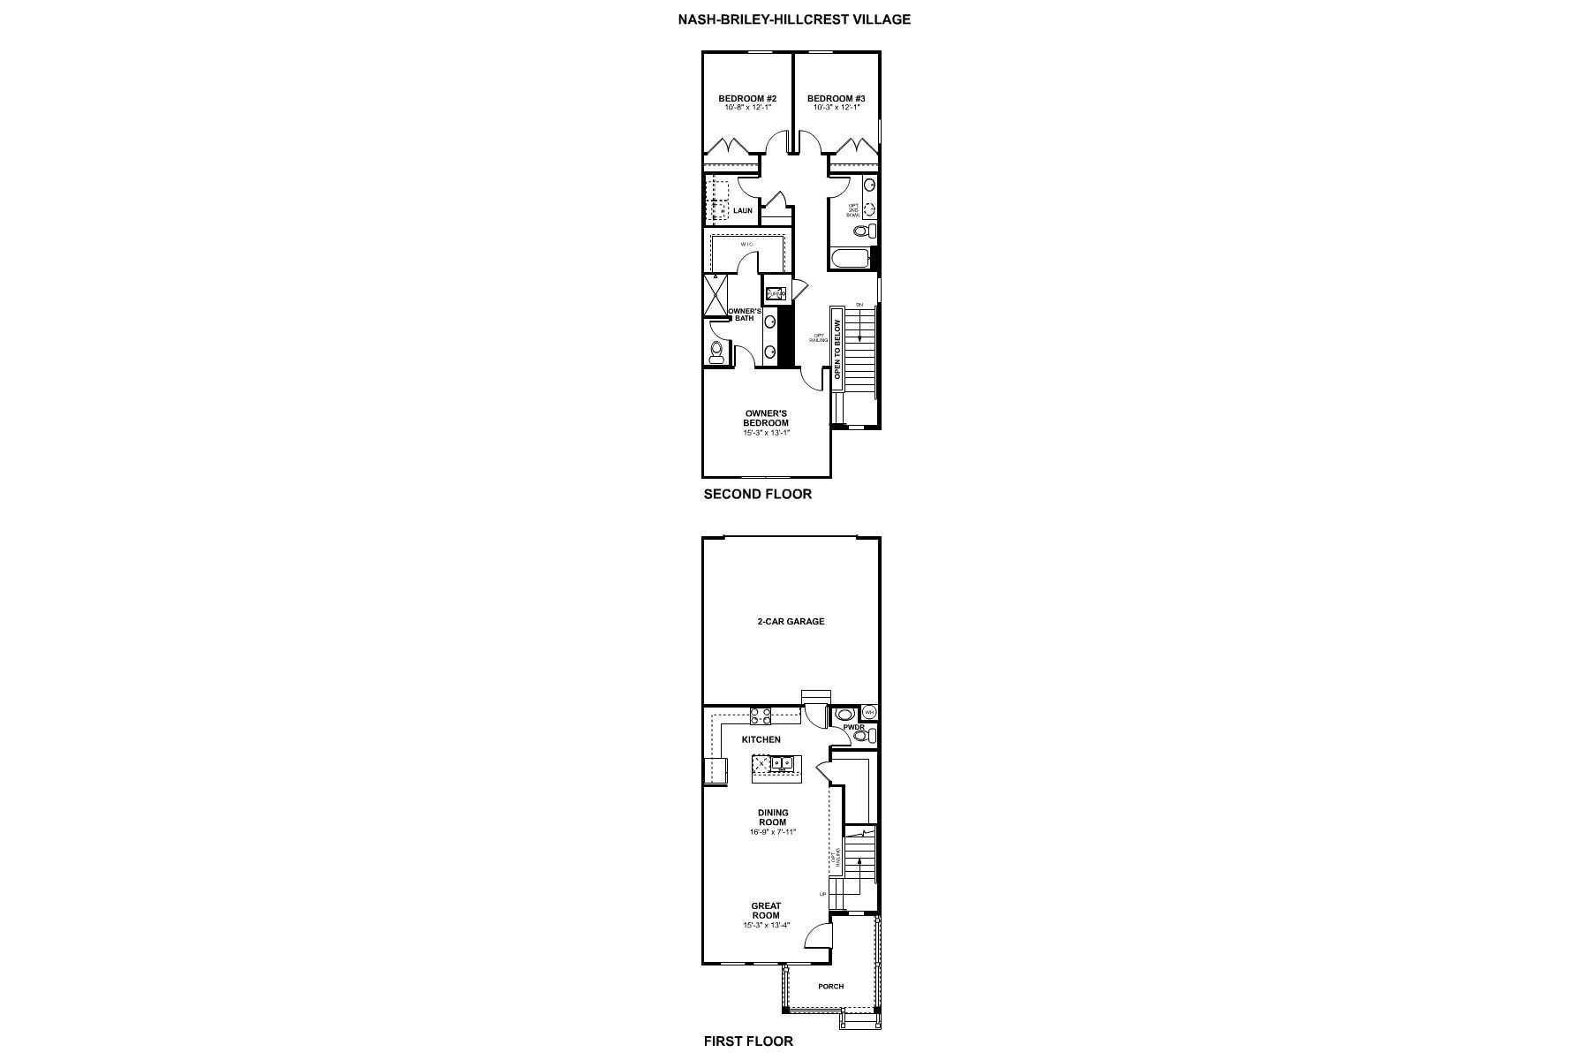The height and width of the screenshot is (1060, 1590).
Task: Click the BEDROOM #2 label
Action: pyautogui.click(x=746, y=98)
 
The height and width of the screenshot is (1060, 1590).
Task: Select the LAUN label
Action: pyautogui.click(x=743, y=211)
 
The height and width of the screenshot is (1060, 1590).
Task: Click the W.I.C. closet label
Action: pyautogui.click(x=746, y=244)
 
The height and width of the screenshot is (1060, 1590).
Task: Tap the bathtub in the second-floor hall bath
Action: pyautogui.click(x=849, y=258)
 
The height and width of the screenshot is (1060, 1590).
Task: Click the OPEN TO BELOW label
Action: pyautogui.click(x=837, y=344)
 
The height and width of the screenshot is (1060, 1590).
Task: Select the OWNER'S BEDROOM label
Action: pyautogui.click(x=766, y=418)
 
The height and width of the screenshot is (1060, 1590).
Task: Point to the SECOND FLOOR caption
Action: pyautogui.click(x=757, y=494)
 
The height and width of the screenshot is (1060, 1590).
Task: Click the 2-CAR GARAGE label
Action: pyautogui.click(x=791, y=621)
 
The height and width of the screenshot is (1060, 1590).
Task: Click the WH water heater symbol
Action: pyautogui.click(x=869, y=712)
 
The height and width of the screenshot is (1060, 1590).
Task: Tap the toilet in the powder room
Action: pyautogui.click(x=861, y=735)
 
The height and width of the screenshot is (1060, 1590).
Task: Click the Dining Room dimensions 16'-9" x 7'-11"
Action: pyautogui.click(x=773, y=832)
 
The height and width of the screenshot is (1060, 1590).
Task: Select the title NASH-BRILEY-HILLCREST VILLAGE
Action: pyautogui.click(x=794, y=19)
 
